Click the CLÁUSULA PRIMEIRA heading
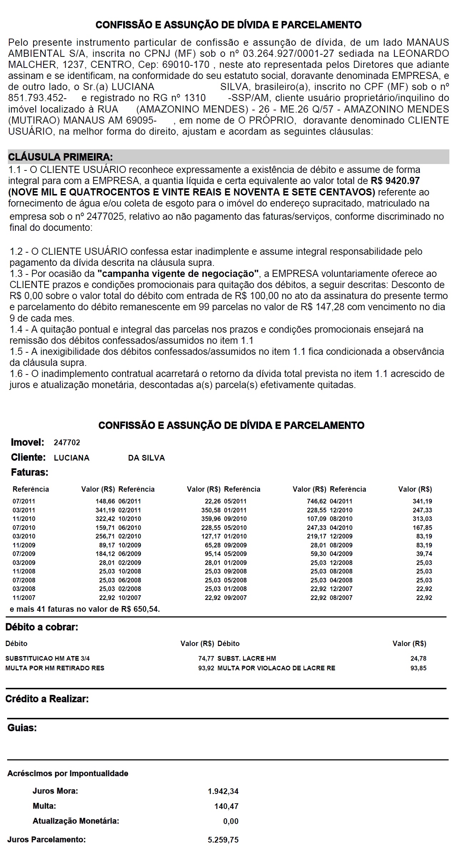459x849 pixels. tap(60, 157)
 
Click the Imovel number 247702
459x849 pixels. tap(67, 443)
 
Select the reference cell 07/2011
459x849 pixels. tap(24, 501)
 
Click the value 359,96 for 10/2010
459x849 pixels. tap(211, 519)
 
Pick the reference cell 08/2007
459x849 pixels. tap(341, 598)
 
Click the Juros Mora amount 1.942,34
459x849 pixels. tap(223, 791)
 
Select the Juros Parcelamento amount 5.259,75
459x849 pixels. tap(223, 840)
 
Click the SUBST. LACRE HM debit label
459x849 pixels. tap(247, 659)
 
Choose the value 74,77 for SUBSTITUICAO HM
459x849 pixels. tap(206, 659)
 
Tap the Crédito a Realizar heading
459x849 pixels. tap(47, 699)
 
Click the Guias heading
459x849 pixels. tap(22, 728)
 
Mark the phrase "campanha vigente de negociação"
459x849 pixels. tap(178, 274)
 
